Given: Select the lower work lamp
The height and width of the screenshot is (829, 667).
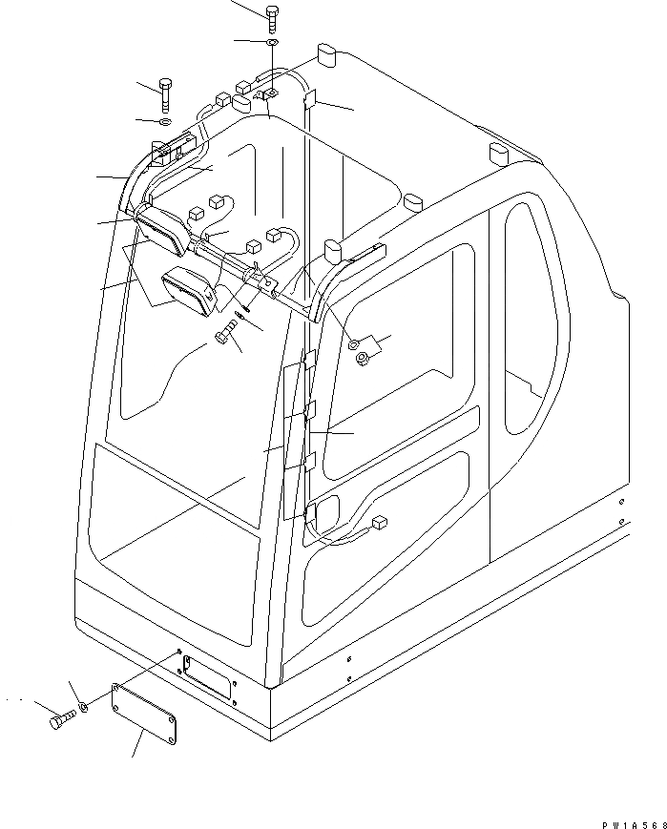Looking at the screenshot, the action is pos(192,291).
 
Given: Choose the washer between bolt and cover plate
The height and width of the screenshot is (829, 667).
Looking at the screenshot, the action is pos(86,706).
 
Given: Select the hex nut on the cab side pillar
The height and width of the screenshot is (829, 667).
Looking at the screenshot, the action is pos(365,360).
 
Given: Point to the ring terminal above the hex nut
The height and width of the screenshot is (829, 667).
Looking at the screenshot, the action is pos(354,341).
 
